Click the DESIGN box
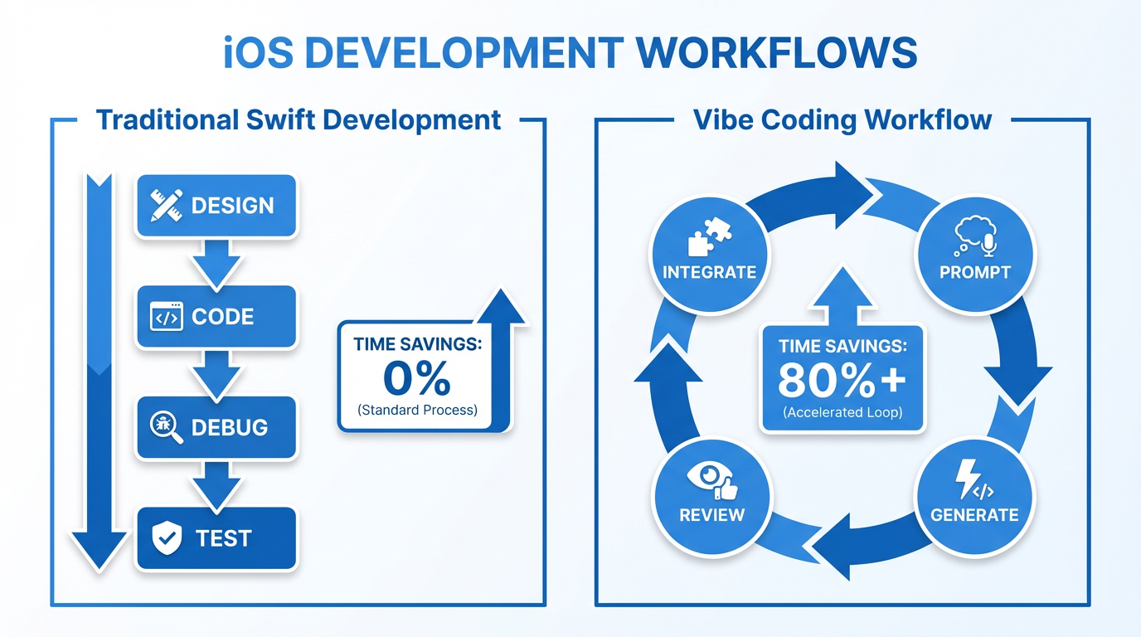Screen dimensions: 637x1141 216,206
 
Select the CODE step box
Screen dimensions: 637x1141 216,317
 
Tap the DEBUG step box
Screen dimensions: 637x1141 216,427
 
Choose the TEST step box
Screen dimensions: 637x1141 216,538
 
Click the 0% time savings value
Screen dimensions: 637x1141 416,379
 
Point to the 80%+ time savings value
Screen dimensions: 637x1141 842,380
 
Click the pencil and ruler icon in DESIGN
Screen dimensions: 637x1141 167,205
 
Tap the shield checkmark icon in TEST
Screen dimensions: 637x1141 168,538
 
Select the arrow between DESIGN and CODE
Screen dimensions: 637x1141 216,261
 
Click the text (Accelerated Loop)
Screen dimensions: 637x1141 842,412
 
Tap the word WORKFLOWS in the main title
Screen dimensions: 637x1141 776,54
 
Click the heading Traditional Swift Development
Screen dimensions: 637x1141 299,119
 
